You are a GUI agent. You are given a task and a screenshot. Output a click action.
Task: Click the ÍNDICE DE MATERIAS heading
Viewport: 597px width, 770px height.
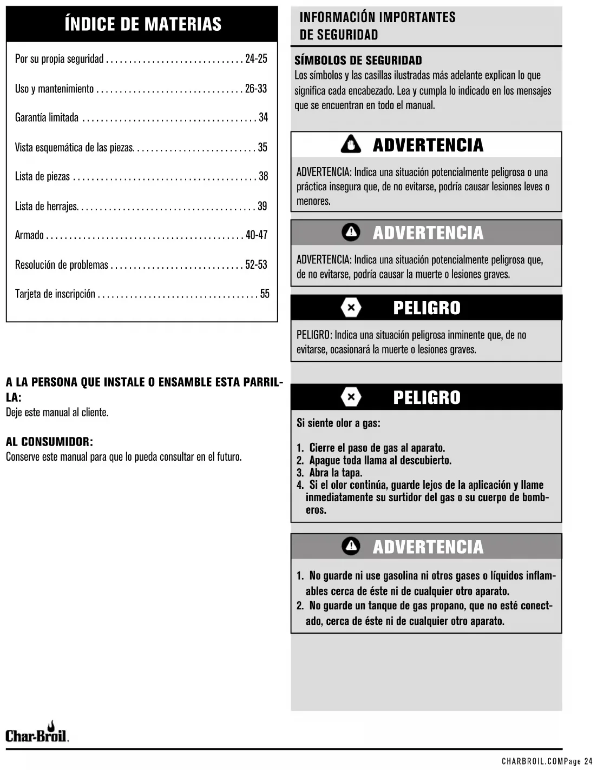tap(142, 24)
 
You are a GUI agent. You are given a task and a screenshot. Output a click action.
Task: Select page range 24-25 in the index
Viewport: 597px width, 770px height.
tap(256, 59)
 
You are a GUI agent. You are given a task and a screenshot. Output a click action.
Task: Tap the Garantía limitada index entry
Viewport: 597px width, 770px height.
tap(47, 118)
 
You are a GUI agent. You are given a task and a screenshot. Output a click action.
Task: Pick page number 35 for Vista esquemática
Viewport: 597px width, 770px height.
tap(263, 147)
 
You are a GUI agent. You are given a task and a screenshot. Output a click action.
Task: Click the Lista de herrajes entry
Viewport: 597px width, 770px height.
tap(46, 206)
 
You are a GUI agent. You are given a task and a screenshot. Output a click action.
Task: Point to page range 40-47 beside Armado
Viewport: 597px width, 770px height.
tap(257, 235)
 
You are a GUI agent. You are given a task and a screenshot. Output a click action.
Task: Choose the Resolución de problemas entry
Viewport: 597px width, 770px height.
tap(61, 265)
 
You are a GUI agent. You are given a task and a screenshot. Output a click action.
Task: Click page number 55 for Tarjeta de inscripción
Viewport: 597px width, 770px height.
tap(265, 294)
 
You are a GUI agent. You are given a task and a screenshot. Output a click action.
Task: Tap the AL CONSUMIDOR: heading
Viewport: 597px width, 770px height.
tap(49, 442)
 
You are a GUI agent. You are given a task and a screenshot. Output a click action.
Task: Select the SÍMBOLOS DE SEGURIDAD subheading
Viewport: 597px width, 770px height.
tap(358, 61)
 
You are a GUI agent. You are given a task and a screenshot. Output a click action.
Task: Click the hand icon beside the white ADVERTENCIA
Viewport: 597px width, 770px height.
tap(351, 145)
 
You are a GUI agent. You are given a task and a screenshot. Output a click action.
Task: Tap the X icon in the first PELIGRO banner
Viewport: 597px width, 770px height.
tap(351, 308)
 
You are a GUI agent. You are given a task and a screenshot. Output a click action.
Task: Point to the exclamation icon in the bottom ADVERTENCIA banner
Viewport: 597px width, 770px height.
tap(351, 546)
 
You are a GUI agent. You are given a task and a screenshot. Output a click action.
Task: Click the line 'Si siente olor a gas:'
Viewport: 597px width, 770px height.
tap(338, 423)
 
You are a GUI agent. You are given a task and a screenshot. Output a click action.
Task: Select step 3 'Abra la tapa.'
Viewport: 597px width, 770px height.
tap(336, 473)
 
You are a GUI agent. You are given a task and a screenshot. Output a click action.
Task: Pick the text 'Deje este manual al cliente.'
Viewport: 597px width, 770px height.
tap(57, 413)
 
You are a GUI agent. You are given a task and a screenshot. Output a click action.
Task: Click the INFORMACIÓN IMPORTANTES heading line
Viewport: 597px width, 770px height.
tap(377, 17)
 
